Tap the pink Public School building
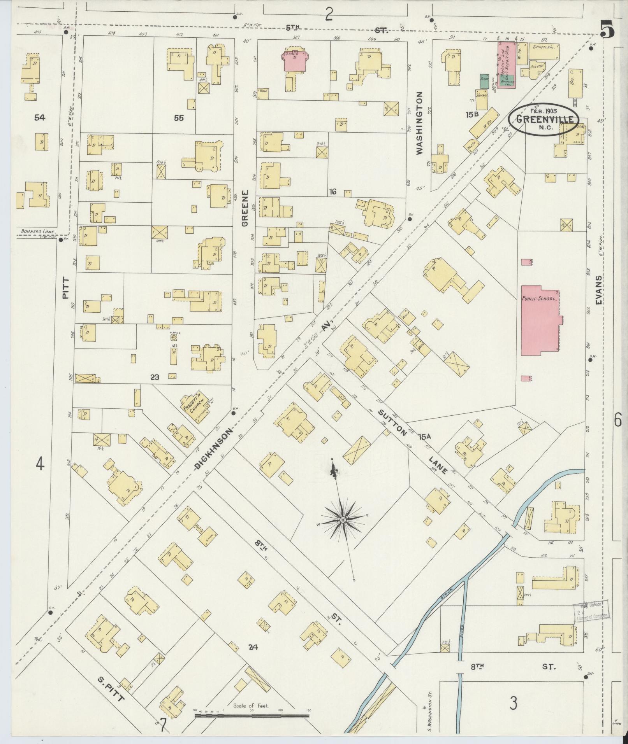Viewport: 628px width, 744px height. coord(540,320)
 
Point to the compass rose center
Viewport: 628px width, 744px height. coord(343,520)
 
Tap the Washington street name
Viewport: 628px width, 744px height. coord(419,123)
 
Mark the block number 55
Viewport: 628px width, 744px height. coord(179,117)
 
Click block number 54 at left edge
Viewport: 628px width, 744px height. coord(39,117)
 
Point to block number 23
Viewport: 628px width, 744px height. coord(155,377)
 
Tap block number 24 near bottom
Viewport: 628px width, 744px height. coord(253,648)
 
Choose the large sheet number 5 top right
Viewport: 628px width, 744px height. coord(608,30)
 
